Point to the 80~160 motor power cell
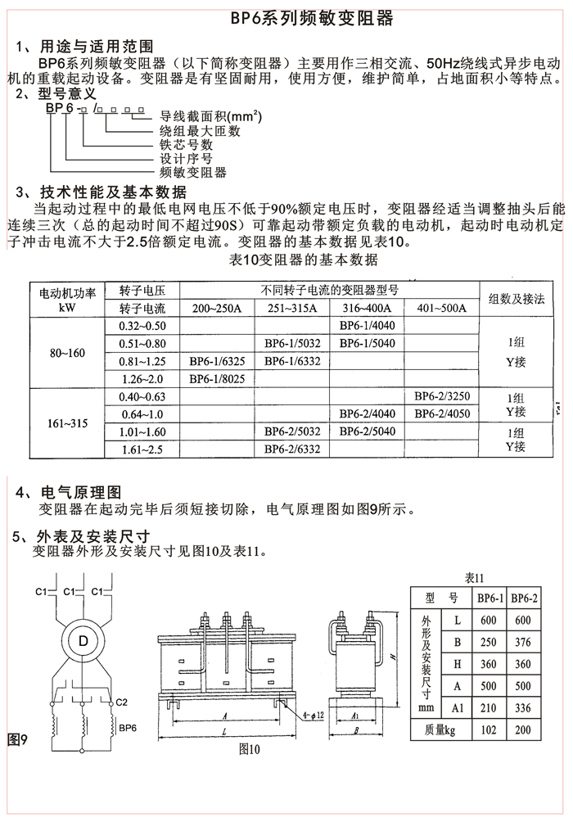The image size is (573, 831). [x=66, y=353]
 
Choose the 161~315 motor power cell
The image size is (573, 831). [x=66, y=424]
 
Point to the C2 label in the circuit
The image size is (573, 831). [x=121, y=702]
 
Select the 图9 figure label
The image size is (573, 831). [x=18, y=740]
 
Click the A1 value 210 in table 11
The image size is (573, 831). [x=490, y=708]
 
